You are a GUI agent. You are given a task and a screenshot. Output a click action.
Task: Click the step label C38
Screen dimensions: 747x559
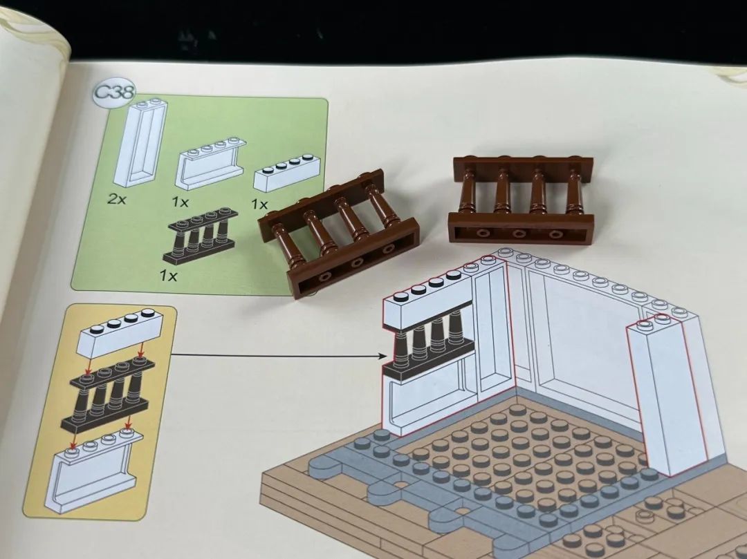click(x=114, y=92)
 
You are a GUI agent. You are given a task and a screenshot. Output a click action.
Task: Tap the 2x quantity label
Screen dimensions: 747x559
click(x=117, y=199)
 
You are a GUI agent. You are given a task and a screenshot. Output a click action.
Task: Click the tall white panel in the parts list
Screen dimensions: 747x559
click(x=140, y=143)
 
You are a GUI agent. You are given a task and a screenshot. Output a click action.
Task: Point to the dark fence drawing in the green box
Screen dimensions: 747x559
click(x=200, y=236)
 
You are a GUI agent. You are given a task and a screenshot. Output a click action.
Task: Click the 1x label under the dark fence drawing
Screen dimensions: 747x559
click(x=168, y=276)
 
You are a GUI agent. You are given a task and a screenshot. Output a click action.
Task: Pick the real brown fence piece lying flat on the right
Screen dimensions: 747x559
click(x=522, y=199)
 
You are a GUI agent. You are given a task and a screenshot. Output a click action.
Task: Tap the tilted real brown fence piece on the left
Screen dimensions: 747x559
click(x=338, y=233)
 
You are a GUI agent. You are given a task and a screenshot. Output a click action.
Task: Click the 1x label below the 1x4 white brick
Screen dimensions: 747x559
click(x=259, y=205)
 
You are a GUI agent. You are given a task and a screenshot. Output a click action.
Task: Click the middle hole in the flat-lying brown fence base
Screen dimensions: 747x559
click(x=519, y=234)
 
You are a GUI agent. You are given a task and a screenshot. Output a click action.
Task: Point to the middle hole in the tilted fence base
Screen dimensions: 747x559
click(x=356, y=262)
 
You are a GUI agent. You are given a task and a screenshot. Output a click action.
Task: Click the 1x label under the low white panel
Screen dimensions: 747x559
click(x=180, y=202)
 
